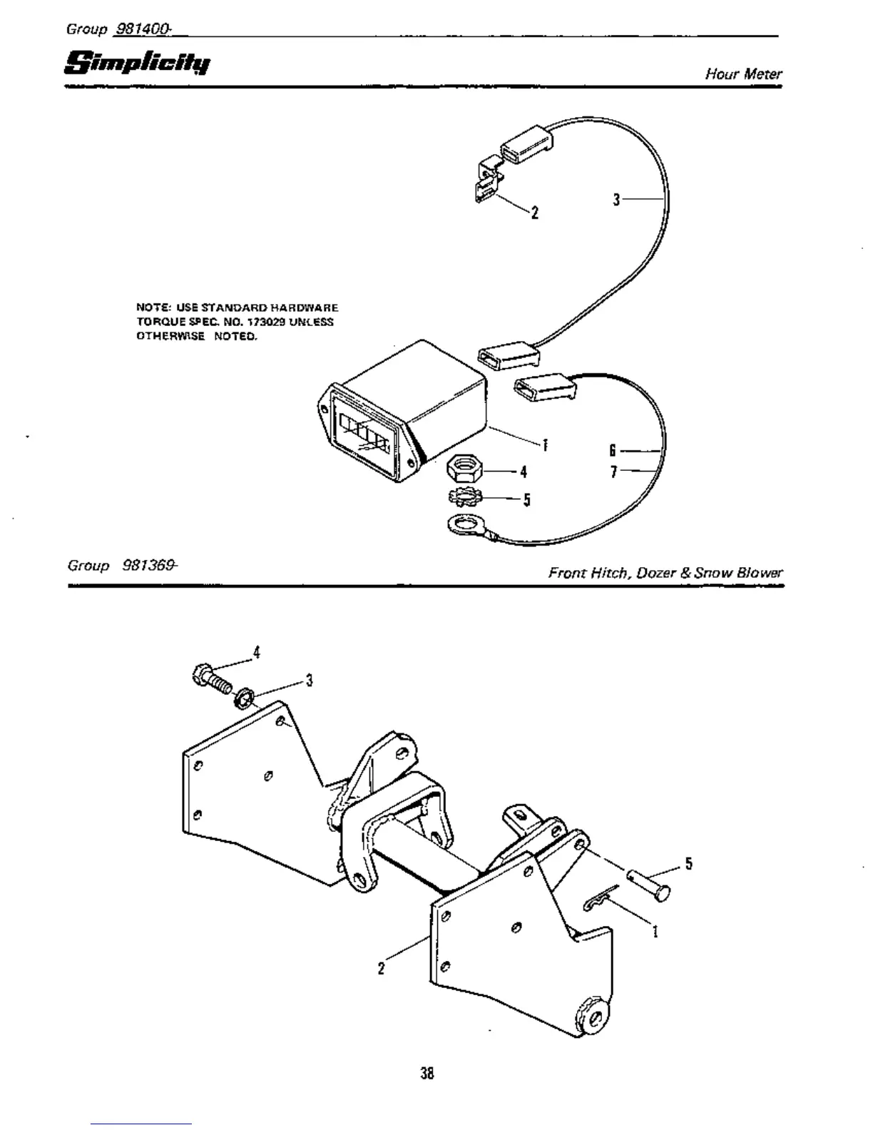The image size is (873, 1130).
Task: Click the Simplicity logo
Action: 137,63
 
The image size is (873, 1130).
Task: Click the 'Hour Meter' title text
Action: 743,73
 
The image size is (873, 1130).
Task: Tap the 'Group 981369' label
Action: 122,566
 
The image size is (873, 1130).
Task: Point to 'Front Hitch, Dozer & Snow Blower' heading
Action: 665,572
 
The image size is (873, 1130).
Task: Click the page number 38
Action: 427,1072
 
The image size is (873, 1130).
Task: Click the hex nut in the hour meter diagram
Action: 465,469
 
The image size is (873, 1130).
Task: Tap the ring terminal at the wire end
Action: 461,526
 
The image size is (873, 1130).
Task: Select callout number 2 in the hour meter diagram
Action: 534,213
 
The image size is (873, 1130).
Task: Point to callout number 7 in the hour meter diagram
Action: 613,472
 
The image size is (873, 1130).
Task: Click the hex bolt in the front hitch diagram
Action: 210,678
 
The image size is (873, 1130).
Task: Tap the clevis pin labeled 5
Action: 649,883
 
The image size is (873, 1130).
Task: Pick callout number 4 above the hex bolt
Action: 257,652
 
